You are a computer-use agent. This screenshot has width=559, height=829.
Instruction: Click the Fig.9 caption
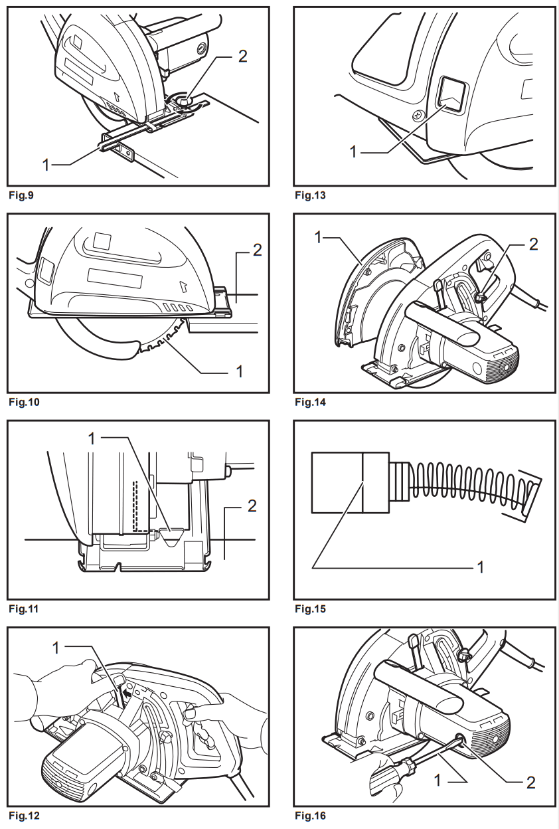pyautogui.click(x=21, y=196)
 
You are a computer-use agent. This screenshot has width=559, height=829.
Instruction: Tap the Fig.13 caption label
pyautogui.click(x=310, y=196)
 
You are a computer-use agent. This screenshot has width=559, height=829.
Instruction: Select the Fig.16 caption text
pyautogui.click(x=310, y=816)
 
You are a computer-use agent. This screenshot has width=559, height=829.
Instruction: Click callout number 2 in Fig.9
pyautogui.click(x=242, y=57)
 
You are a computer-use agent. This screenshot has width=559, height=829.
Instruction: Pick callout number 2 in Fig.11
pyautogui.click(x=252, y=507)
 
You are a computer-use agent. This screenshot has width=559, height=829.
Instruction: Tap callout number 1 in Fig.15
pyautogui.click(x=479, y=567)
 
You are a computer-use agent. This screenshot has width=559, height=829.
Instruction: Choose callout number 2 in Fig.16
pyautogui.click(x=530, y=782)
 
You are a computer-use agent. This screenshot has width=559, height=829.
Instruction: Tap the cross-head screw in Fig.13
pyautogui.click(x=416, y=114)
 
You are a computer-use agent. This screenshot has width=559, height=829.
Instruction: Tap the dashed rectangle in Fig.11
pyautogui.click(x=140, y=507)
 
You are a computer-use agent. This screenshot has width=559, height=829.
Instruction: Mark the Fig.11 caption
pyautogui.click(x=22, y=608)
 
